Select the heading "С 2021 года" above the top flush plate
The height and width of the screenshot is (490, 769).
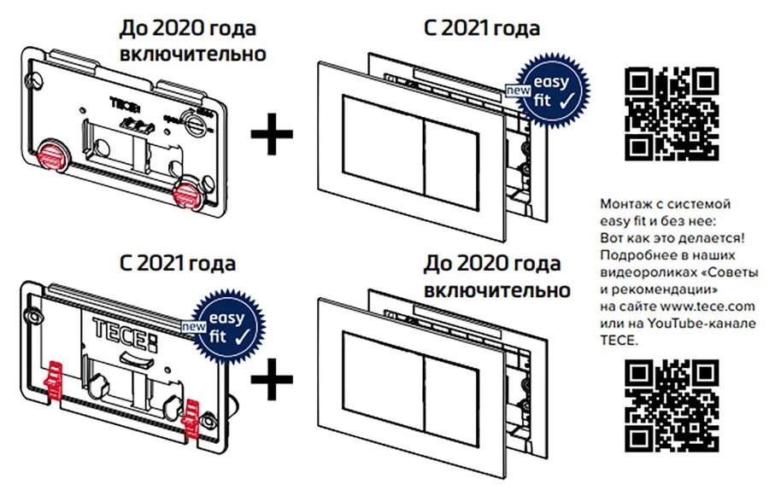pos(482,29)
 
